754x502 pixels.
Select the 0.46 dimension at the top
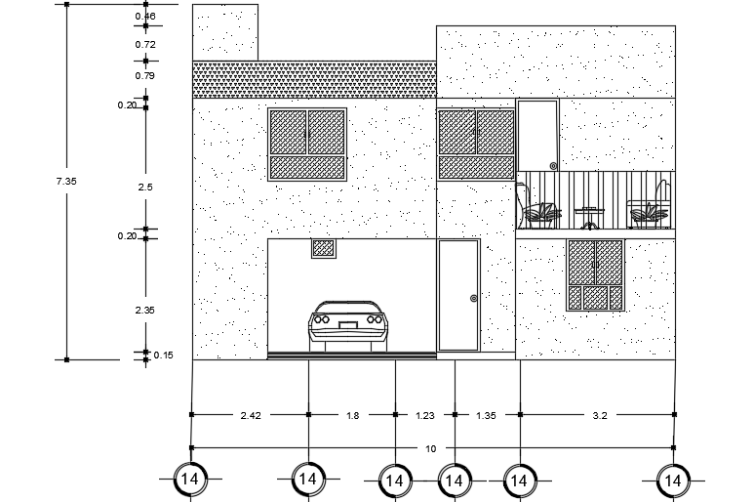(144, 17)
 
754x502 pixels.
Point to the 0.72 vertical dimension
(144, 45)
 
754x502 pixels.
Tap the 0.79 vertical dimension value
(144, 75)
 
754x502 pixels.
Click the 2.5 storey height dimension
(144, 187)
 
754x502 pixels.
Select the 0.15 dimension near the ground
(163, 356)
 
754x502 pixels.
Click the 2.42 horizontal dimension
(250, 416)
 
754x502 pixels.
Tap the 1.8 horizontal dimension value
(352, 416)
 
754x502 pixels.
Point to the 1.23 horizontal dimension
(424, 416)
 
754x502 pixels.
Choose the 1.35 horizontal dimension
(485, 416)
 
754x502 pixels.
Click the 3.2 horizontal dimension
(599, 416)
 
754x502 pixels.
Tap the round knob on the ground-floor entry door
(474, 298)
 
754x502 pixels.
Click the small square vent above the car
(324, 248)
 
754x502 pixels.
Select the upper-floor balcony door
(537, 136)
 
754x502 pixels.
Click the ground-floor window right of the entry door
(595, 275)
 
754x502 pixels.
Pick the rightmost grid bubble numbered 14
(672, 480)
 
